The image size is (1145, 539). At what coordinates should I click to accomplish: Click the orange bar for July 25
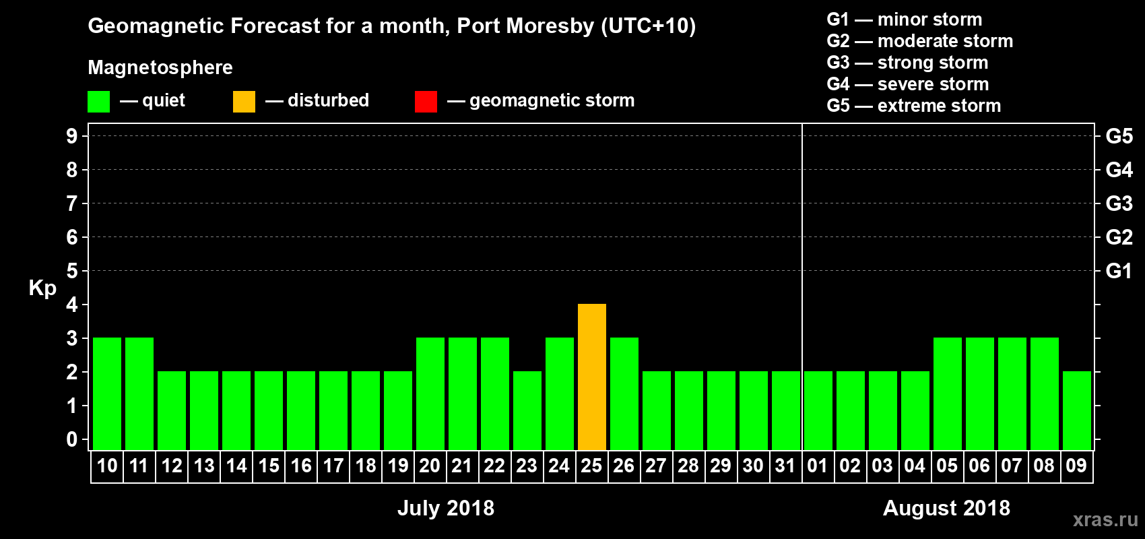pos(592,377)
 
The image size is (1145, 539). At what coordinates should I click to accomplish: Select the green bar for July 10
pos(107,393)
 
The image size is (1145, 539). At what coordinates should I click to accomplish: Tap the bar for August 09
pos(1077,410)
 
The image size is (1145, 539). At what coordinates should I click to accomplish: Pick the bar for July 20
pos(430,393)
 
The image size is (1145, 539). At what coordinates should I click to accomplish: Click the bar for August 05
pos(948,393)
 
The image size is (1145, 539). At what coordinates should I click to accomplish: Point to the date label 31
pos(785,466)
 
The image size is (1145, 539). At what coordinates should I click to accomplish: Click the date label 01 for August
pos(818,466)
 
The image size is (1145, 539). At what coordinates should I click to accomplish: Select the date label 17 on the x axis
pos(333,466)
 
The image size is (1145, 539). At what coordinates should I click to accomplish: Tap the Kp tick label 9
pos(72,136)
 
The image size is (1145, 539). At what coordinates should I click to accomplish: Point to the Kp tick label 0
pos(72,440)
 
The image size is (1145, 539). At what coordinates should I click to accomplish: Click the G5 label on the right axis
pos(1119,136)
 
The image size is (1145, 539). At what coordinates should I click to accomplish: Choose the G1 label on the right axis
pos(1119,271)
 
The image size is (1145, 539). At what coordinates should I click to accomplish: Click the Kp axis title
pos(42,288)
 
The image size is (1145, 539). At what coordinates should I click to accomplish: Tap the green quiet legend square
pos(98,102)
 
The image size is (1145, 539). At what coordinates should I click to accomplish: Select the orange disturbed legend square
pos(244,102)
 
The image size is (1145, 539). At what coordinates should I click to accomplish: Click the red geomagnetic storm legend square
pos(426,102)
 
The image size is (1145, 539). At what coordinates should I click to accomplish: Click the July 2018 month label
pos(446,508)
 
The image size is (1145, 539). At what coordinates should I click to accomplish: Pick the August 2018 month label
pos(946,508)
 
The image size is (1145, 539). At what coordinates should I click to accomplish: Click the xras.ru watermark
pos(1105,519)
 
